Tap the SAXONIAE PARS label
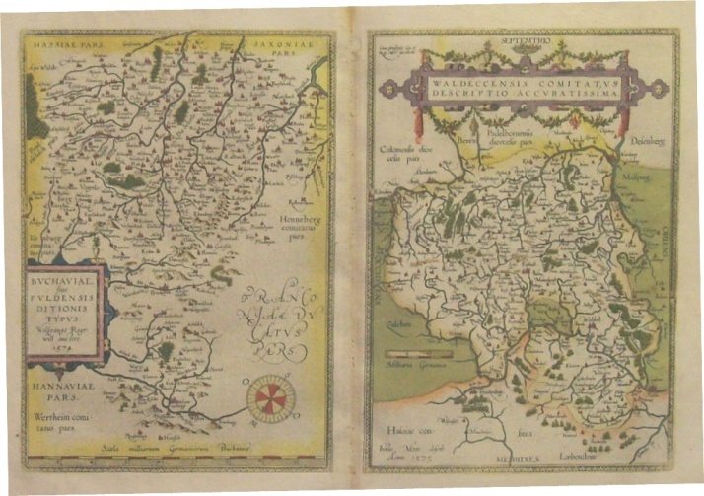click(x=284, y=45)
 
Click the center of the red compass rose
click(x=266, y=396)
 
